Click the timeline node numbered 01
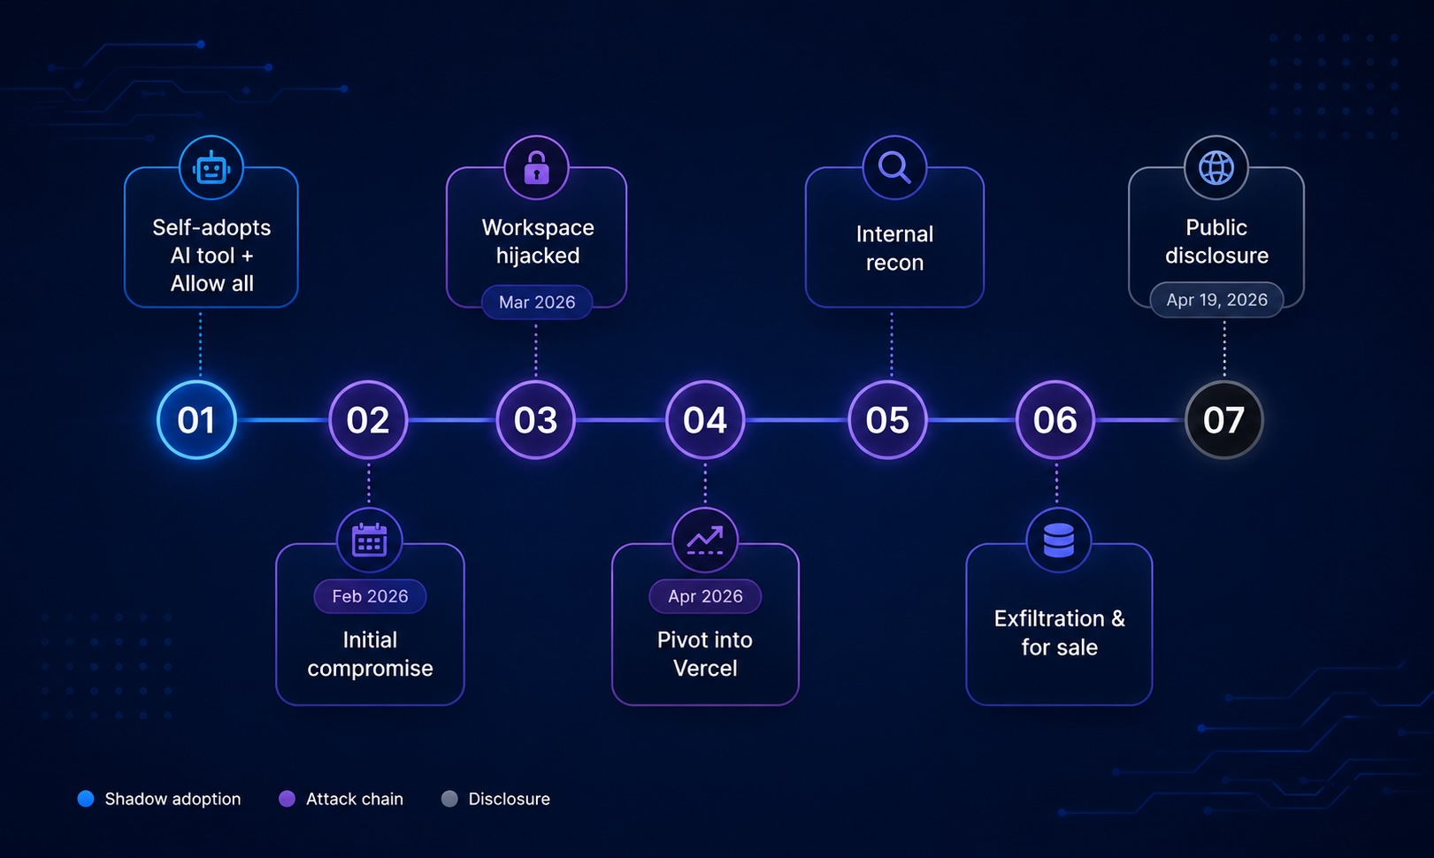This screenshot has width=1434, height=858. pos(196,420)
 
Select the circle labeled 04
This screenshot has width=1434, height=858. pos(705,420)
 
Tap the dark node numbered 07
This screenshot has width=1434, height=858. pos(1224,420)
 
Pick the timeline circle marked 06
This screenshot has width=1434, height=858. pos(1055,420)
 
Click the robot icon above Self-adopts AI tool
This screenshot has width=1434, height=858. pos(211,168)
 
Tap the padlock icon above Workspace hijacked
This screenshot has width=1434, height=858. pos(536,168)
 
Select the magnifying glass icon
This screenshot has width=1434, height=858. pos(895,168)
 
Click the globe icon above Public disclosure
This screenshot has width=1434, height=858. pos(1216,168)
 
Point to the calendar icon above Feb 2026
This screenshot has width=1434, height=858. pos(370,540)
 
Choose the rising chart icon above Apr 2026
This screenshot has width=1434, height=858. pos(705,540)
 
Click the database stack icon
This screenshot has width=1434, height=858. pos(1059,540)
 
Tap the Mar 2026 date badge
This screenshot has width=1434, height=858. pos(536,303)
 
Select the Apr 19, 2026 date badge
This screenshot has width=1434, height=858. pos(1216,300)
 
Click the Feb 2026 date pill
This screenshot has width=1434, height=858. pos(370,596)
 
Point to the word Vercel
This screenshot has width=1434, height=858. pos(705,669)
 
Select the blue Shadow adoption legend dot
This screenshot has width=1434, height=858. pos(86,799)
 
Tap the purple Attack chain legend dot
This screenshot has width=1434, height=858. pos(287,799)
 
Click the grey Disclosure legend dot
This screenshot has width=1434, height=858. pos(449,799)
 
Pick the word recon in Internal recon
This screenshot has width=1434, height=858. pos(894,263)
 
